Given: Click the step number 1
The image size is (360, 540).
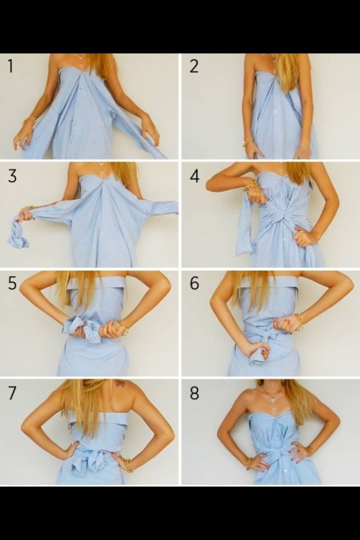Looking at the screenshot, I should [10, 66].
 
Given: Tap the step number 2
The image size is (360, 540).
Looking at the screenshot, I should [193, 66].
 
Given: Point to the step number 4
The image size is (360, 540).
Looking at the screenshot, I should [194, 175].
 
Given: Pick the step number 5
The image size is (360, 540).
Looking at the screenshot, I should [11, 283].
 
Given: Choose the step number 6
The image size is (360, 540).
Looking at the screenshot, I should [194, 283].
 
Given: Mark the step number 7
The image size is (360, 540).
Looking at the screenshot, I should [11, 393].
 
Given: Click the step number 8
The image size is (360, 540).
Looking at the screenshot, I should [194, 393].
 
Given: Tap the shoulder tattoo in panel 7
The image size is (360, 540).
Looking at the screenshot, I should [120, 384].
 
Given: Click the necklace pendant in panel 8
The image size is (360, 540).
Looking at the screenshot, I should [273, 399].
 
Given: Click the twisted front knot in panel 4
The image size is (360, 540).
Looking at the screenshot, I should [280, 217].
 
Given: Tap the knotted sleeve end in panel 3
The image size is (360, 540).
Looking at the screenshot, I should [18, 236].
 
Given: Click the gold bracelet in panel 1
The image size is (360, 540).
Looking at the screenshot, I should [29, 120].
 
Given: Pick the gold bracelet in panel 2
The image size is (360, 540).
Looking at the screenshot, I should [247, 142].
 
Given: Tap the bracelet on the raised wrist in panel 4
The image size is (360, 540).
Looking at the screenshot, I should [250, 185].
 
